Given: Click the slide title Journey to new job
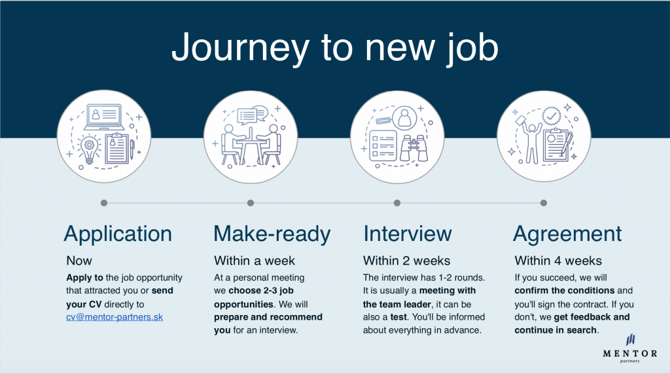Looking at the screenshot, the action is tap(335, 47).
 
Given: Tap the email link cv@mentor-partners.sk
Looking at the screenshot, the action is tap(115, 317).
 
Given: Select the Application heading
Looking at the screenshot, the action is tap(118, 234).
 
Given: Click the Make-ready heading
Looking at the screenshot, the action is tap(272, 234).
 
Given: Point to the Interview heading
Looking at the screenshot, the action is tap(407, 234).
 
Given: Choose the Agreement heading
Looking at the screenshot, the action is tap(567, 234).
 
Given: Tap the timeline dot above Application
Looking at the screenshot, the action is tap(104, 203).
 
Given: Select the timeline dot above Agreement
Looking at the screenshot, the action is tap(544, 203).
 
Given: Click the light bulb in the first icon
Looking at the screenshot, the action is tap(89, 149).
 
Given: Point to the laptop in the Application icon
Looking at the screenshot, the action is tap(104, 117).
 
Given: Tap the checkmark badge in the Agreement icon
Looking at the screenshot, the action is tap(552, 115).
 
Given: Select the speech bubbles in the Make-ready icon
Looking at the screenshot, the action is tap(252, 114).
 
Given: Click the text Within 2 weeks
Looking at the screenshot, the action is tap(406, 261).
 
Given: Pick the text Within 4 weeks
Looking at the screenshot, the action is tap(558, 261).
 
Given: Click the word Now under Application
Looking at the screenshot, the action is tap(79, 261).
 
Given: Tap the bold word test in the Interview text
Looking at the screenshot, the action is tap(398, 317).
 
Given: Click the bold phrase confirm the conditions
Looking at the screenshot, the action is tap(565, 291).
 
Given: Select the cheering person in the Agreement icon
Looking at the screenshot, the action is tap(531, 140).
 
